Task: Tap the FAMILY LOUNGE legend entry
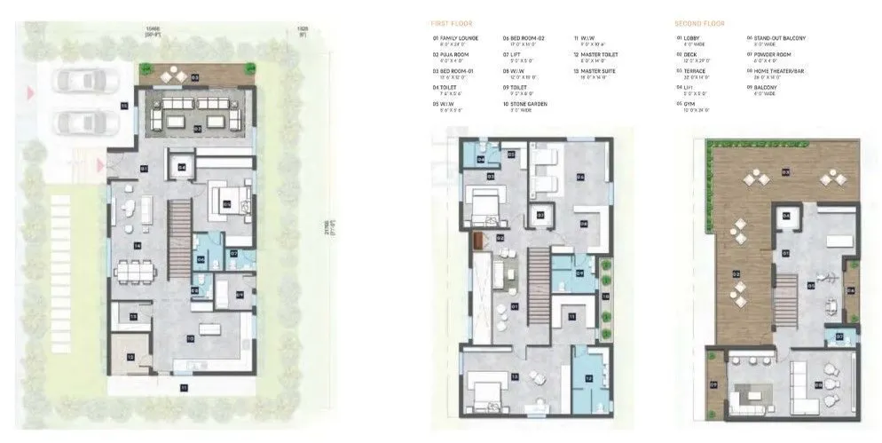coord(458,39)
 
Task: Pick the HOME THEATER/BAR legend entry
coord(776,71)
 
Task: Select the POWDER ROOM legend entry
coord(771,55)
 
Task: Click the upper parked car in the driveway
coord(75,81)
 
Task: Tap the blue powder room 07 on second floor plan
coord(840,336)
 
